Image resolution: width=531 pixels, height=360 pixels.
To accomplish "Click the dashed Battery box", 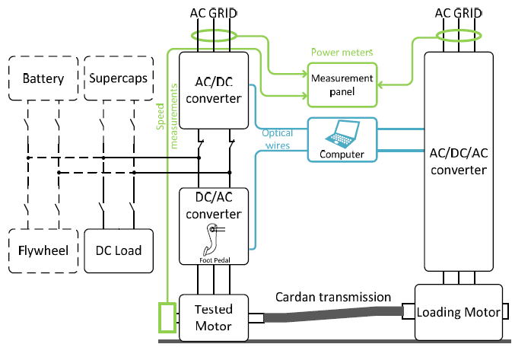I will [43, 79].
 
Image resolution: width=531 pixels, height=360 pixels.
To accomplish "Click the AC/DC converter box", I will [215, 91].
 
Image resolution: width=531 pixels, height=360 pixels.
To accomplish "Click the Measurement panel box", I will [342, 84].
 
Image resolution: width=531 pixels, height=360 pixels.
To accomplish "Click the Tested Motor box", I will [214, 317].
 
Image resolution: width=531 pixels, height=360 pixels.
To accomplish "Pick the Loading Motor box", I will [459, 313].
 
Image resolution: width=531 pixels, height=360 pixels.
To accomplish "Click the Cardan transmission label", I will [333, 297].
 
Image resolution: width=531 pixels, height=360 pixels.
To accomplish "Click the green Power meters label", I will [342, 53].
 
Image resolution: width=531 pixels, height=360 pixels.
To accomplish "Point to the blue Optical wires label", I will [278, 139].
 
